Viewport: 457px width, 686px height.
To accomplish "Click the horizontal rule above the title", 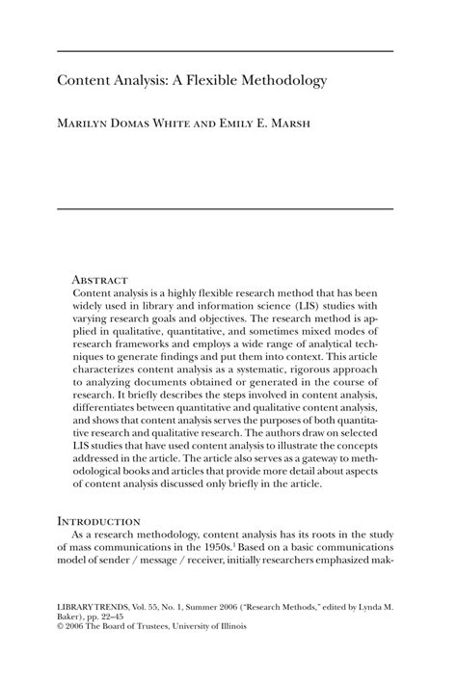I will tap(228, 50).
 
